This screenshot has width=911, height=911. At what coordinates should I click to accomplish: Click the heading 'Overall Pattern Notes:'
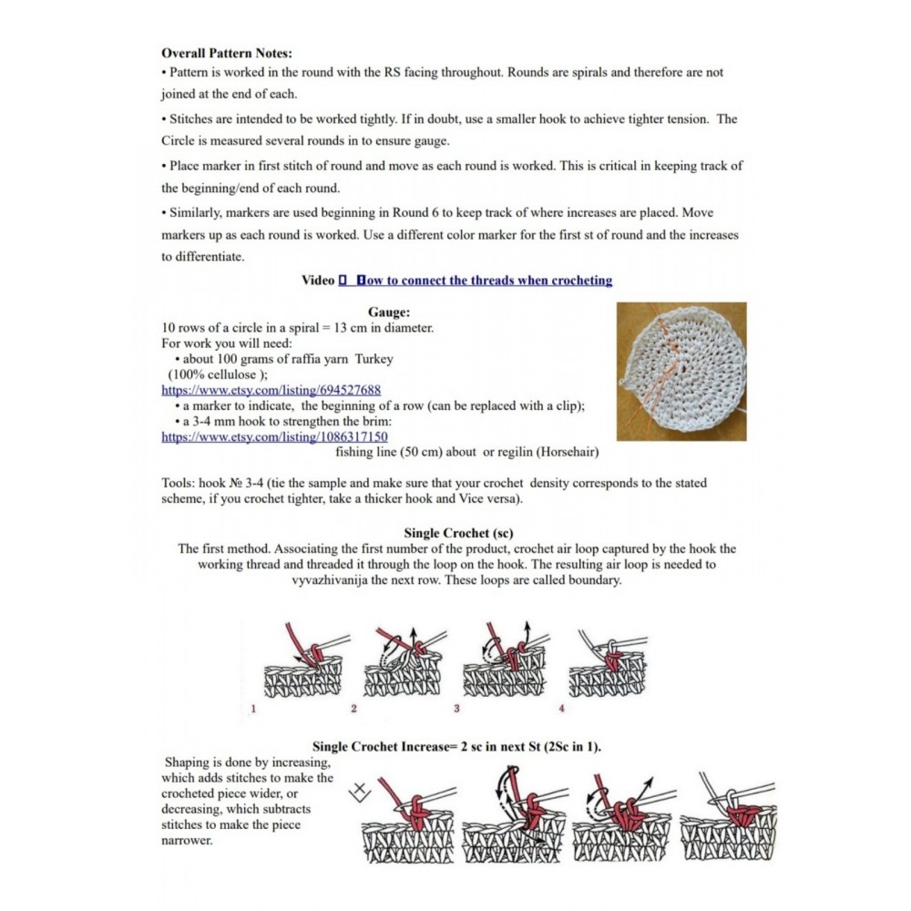coord(227,54)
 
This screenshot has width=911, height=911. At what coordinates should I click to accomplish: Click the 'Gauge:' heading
coord(389,312)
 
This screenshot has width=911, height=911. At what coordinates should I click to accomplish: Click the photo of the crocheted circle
coord(681,371)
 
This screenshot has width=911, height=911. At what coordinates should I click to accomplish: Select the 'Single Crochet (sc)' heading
coord(455,532)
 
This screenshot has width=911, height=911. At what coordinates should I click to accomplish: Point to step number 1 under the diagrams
coord(252,708)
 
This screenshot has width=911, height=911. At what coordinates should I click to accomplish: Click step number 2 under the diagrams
coord(353,708)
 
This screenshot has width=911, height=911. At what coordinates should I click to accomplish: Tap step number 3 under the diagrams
coord(456,708)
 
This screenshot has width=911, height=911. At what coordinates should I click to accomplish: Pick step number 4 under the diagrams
coord(561,708)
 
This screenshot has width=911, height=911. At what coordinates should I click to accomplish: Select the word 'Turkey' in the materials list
coord(374,359)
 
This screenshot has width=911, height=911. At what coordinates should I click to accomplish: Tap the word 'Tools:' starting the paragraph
coord(178,483)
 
